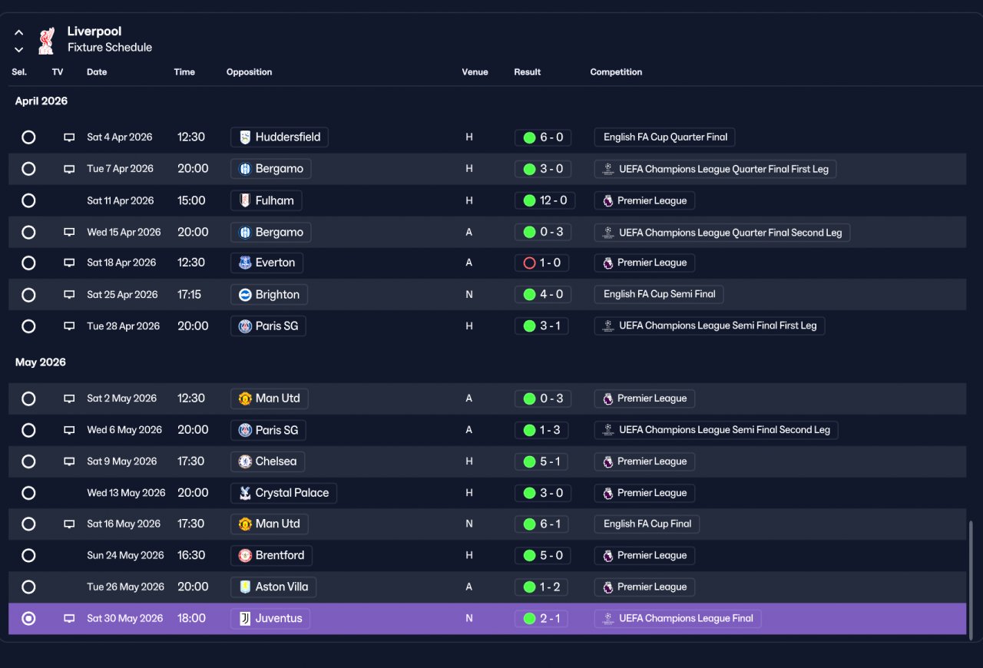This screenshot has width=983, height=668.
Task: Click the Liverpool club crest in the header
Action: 47,41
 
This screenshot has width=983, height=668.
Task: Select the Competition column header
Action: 616,72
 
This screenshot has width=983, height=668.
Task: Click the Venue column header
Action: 475,72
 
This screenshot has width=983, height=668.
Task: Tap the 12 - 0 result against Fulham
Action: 544,200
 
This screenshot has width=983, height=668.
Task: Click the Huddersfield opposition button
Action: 279,137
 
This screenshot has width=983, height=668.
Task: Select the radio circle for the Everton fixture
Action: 28,263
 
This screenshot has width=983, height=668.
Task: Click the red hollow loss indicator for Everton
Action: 529,263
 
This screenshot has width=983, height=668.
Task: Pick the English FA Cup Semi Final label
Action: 659,294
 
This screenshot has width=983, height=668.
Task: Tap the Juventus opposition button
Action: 270,618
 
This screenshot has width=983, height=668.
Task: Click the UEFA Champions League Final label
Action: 677,618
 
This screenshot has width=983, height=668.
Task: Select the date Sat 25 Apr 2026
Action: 122,295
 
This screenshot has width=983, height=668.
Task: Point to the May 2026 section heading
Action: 41,362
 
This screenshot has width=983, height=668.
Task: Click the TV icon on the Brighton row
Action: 69,295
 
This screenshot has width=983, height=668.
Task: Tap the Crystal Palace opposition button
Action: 283,493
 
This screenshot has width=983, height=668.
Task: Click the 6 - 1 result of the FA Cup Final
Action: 541,524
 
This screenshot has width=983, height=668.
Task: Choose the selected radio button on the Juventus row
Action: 28,618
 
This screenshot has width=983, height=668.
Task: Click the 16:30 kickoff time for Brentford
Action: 191,555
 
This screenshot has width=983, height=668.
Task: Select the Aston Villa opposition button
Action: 273,587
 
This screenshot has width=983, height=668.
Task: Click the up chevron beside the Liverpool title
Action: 19,32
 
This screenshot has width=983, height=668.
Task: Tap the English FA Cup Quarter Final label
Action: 665,137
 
